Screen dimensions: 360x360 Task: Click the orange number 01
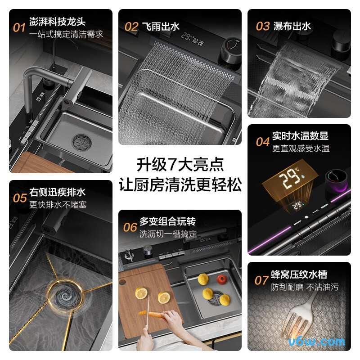[x=19, y=28]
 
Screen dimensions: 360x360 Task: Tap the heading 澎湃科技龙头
[x=57, y=22]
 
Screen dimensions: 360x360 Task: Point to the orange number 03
[x=263, y=26]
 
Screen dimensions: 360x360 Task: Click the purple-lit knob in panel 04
[x=336, y=180]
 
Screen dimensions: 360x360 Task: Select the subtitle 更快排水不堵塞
[x=58, y=205]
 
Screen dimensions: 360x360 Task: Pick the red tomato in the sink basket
[x=221, y=279]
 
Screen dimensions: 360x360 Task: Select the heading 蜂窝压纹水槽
[x=299, y=274]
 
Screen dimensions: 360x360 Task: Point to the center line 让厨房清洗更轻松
[x=180, y=185]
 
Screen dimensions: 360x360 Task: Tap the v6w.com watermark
[x=324, y=342]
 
